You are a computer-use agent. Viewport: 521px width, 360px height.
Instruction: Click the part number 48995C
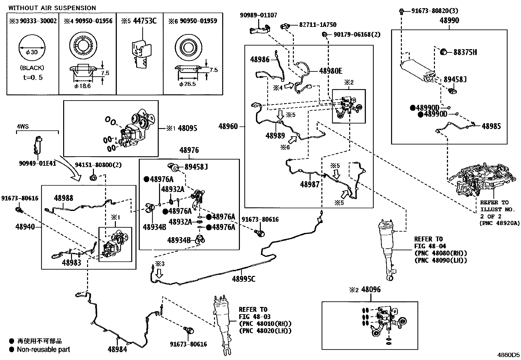[x=243, y=279]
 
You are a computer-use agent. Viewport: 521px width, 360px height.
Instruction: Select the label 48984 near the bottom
[x=117, y=349]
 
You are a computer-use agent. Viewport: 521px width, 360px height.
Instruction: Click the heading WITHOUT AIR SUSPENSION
[x=52, y=8]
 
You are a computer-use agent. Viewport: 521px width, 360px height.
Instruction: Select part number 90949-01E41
[x=38, y=163]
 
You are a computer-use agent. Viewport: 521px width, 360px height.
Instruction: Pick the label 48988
[x=63, y=198]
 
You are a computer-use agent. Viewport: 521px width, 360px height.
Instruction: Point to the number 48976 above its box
[x=189, y=150]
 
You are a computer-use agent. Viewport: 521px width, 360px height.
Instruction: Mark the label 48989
[x=275, y=136]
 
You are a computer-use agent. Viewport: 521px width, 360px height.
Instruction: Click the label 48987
[x=310, y=184]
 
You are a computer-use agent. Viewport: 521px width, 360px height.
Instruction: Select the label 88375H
[x=465, y=52]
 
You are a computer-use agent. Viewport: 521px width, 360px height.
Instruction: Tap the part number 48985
[x=491, y=126]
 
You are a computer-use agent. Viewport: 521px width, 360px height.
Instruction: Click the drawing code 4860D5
[x=508, y=355]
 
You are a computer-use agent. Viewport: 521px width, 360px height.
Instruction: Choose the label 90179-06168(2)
[x=357, y=34]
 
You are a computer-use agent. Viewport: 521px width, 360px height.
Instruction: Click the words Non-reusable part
[x=44, y=350]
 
